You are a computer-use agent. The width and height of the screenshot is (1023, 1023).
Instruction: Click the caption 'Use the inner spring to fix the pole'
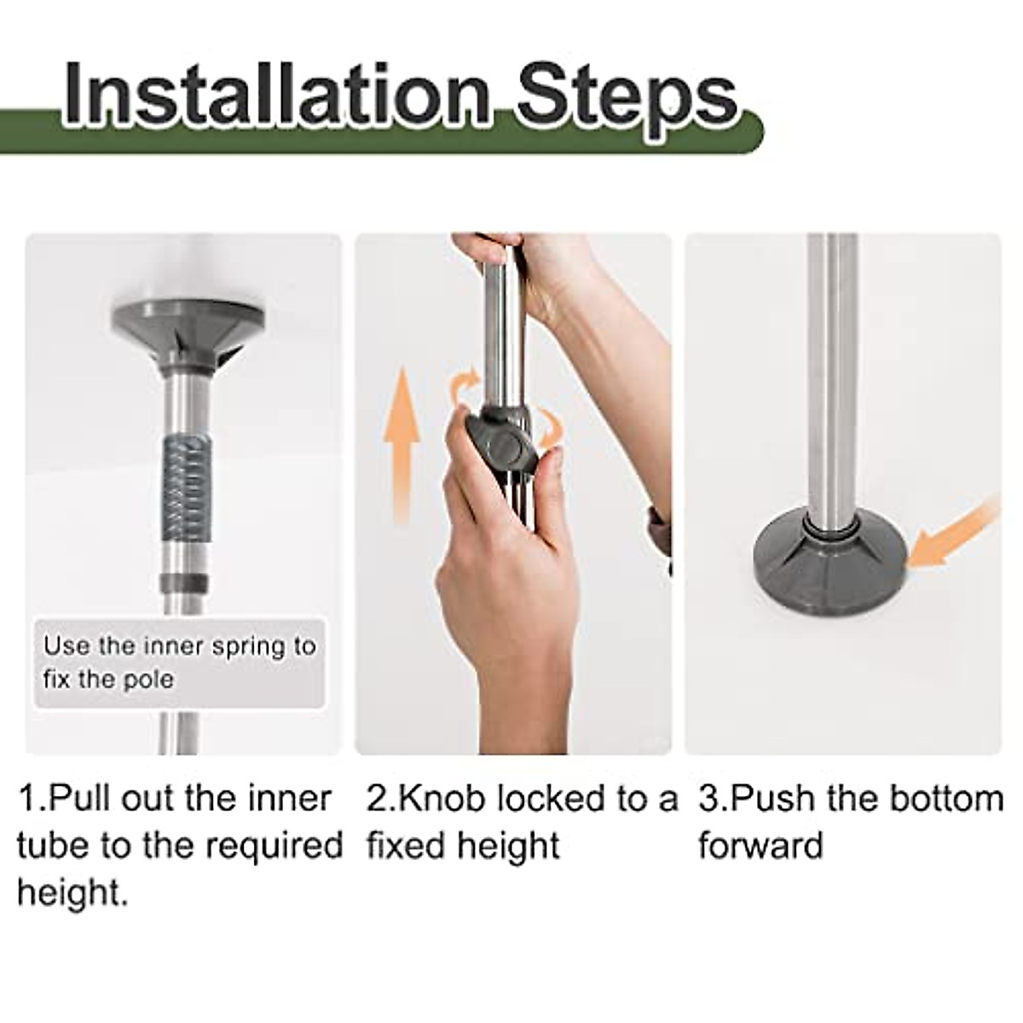[x=179, y=662]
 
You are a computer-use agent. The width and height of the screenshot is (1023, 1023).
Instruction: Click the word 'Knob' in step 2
[x=443, y=800]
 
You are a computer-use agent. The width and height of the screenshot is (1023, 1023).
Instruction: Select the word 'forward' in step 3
[x=760, y=847]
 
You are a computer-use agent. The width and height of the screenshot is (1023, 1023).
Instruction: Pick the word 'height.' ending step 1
[x=72, y=893]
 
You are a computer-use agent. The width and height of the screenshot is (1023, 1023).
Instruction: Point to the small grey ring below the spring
[x=182, y=581]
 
